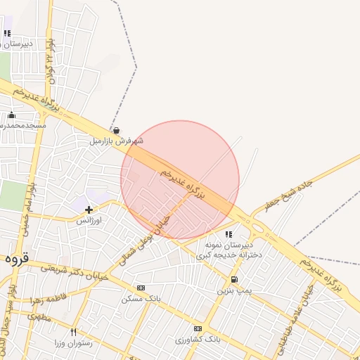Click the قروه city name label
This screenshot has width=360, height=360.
15,258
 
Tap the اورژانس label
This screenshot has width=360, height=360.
89,220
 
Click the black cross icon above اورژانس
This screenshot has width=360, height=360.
89,209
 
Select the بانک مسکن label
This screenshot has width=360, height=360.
141,299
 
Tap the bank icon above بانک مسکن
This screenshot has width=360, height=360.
141,288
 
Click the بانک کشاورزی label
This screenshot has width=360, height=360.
198,340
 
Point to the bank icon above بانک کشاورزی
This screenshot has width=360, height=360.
198,328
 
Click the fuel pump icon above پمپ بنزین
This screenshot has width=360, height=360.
234,278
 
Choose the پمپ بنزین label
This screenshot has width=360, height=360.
233,290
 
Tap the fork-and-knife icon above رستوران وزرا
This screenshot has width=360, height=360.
73,332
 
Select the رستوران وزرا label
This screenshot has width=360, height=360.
73,343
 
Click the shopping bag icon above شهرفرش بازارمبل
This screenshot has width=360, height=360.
116,130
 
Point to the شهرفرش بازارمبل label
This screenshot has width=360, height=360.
116,141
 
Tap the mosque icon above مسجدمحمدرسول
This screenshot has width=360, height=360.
11,115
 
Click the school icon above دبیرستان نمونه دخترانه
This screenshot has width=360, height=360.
229,234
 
